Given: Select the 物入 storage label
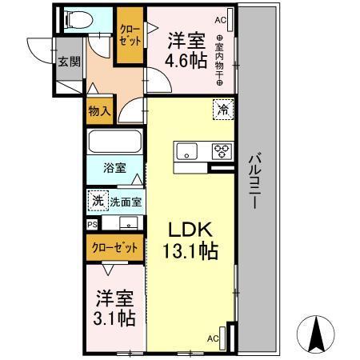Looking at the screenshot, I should tap(100, 112).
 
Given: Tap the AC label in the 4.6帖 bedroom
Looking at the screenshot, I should tap(220, 18).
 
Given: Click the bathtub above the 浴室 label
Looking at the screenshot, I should tap(114, 143).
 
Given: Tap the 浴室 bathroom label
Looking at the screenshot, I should tap(114, 169).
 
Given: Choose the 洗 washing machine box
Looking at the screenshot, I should tap(98, 199).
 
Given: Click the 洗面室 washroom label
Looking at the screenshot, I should tap(126, 201).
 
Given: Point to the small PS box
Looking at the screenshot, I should tap(92, 226).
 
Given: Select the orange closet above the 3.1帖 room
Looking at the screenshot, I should tap(114, 248).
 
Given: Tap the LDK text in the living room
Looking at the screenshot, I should tap(190, 229).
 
